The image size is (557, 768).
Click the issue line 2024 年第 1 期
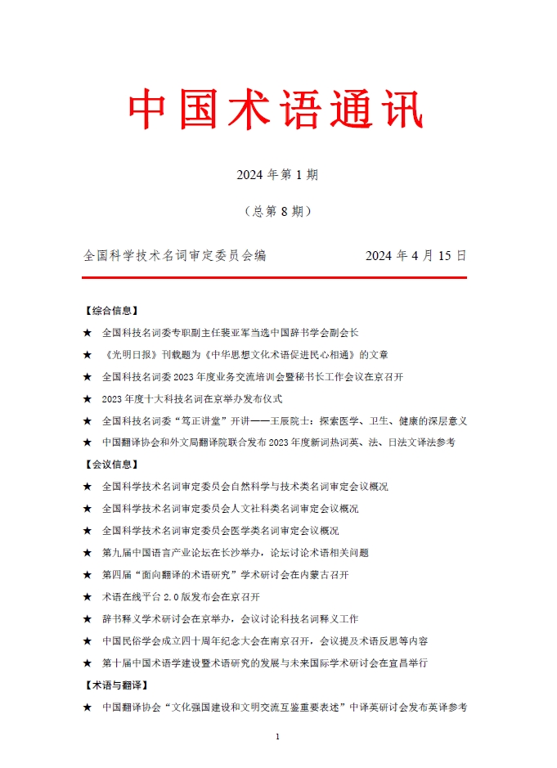tap(277, 174)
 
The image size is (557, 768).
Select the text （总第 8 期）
tap(277, 211)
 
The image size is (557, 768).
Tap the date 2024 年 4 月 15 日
tap(416, 256)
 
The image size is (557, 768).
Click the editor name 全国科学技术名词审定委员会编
tap(175, 256)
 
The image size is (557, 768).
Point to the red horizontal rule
tap(275, 278)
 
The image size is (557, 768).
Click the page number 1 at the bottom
tap(278, 737)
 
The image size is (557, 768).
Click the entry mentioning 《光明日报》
tap(245, 355)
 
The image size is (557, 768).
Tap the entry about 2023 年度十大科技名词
tap(192, 398)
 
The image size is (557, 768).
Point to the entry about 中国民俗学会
tap(265, 640)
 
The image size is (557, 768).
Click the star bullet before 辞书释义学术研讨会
tap(88, 619)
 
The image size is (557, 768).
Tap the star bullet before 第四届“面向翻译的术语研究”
tap(88, 575)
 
